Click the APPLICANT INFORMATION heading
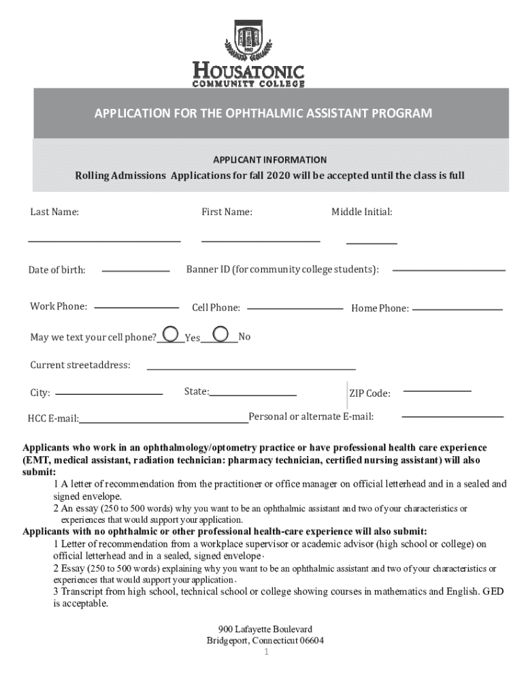pos(269,159)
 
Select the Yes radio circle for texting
pos(172,334)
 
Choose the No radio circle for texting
pos(220,334)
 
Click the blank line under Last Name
pos(104,241)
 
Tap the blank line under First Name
pos(261,241)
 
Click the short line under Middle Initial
pos(372,242)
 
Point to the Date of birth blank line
pos(135,271)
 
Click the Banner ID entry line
pos(449,270)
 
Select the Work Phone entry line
pos(131,308)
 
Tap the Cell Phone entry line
pos(295,308)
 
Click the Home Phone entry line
pos(457,310)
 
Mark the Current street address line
pos(251,368)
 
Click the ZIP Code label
pos(370,393)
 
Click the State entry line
pos(253,395)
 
